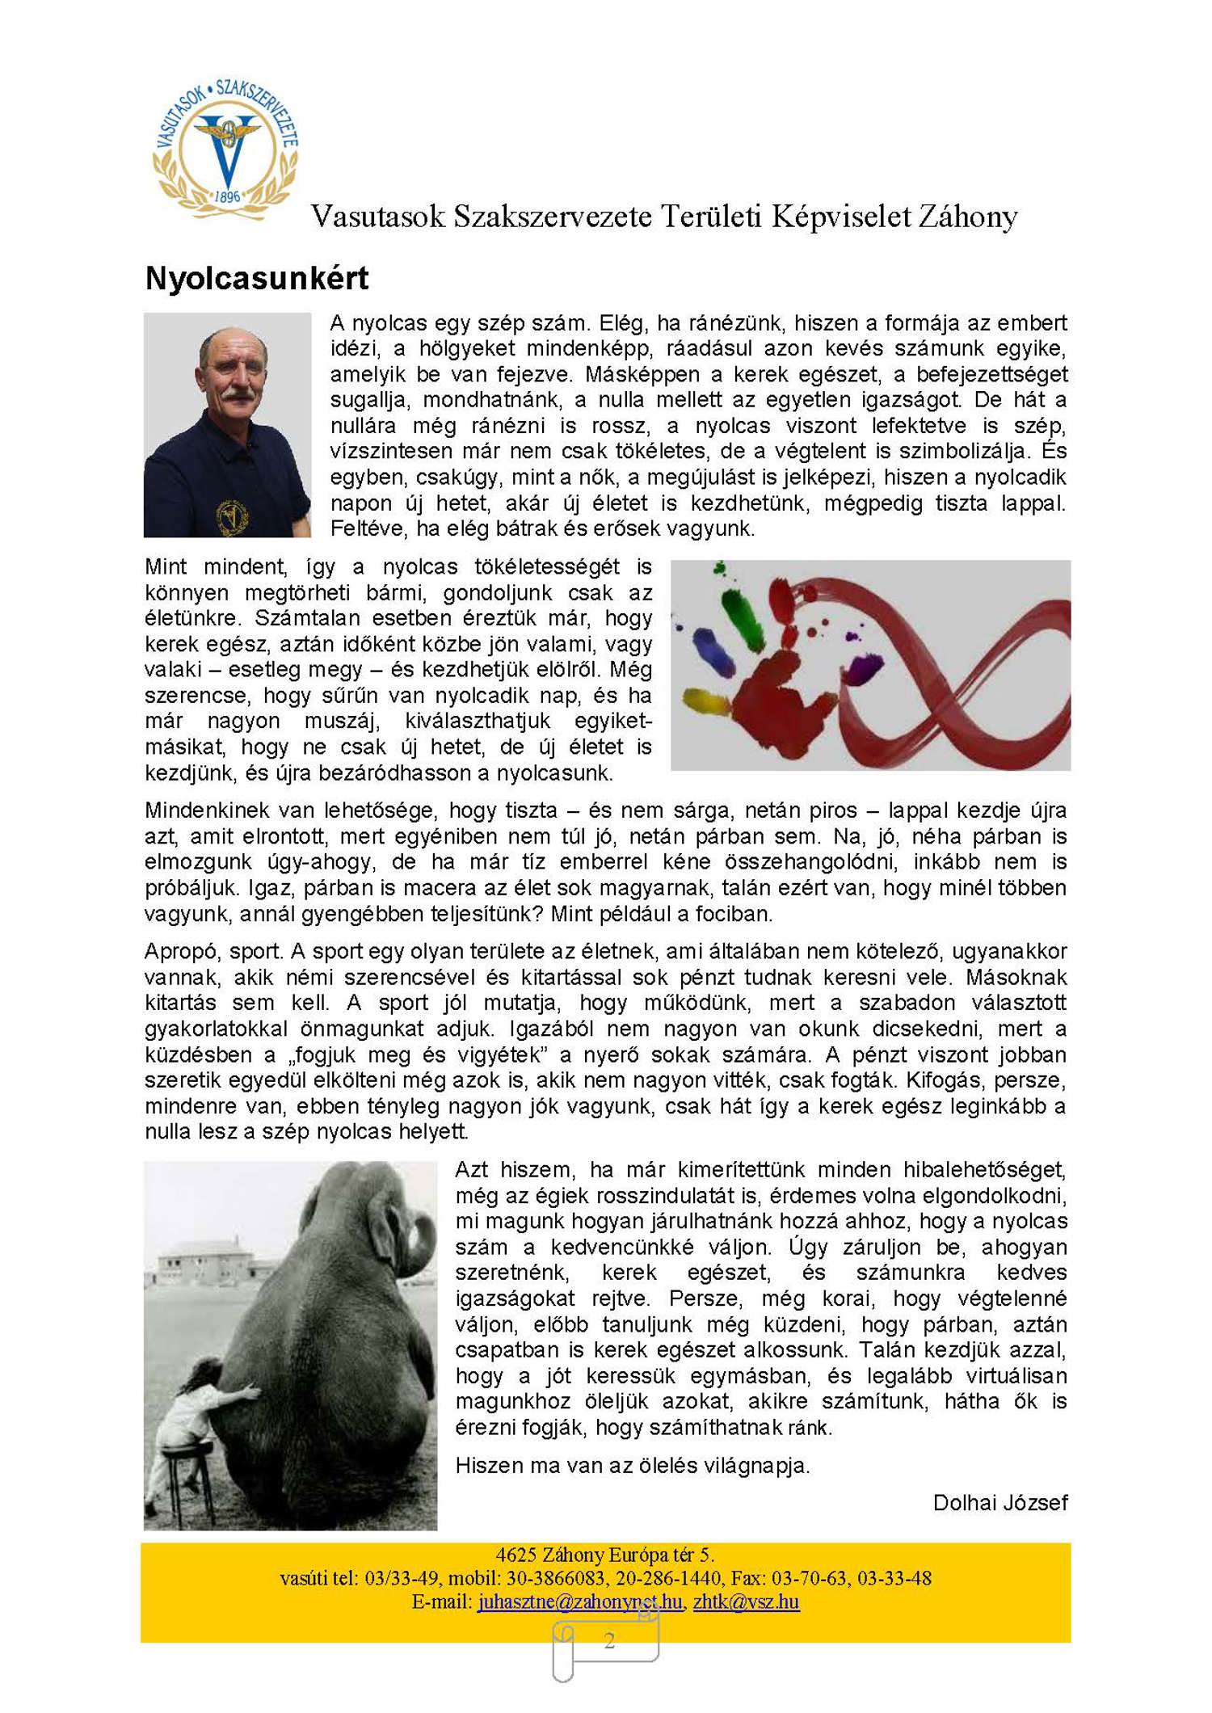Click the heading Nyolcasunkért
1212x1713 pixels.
click(x=256, y=279)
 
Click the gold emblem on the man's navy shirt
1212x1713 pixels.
click(x=232, y=514)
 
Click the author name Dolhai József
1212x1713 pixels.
click(x=999, y=1502)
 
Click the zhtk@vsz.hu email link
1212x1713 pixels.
click(x=746, y=1601)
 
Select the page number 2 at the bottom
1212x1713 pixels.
click(x=609, y=1639)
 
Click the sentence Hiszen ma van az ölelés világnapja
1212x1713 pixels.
click(x=632, y=1465)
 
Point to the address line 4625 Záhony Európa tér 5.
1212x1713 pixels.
click(x=604, y=1554)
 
